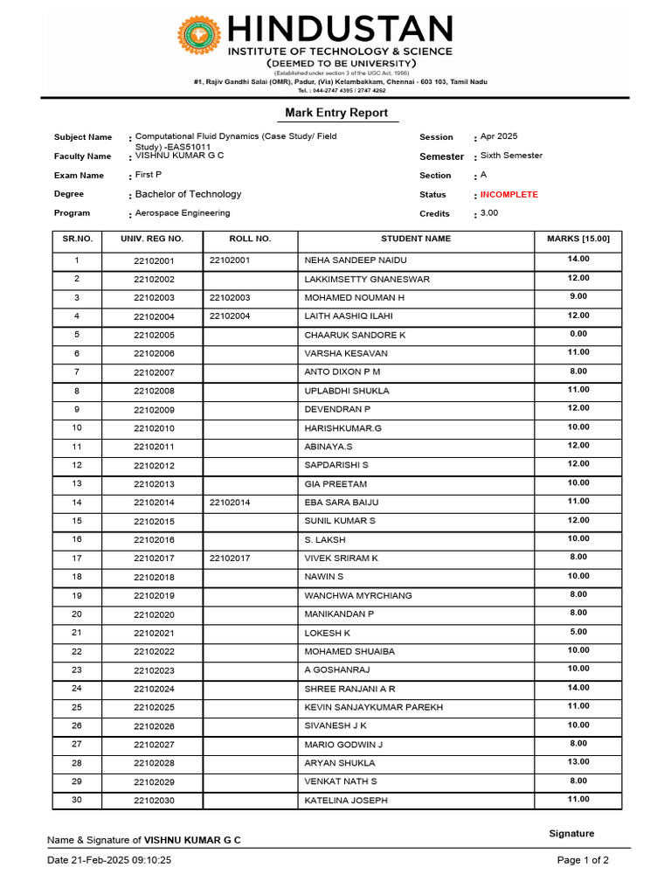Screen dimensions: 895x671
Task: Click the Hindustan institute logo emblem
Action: point(199,35)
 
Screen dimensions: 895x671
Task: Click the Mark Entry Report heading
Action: point(336,113)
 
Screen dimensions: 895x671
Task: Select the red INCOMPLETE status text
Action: point(509,195)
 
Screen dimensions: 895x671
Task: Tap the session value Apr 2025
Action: point(499,136)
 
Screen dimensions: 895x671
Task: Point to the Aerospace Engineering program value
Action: point(183,213)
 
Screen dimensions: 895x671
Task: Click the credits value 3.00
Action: point(489,213)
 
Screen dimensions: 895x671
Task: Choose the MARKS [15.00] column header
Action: point(578,239)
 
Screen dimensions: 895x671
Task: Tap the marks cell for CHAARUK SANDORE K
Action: point(578,334)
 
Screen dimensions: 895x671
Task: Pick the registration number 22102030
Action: point(154,801)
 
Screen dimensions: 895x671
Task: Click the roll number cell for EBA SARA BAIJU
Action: point(230,503)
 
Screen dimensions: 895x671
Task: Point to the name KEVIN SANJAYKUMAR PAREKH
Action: point(373,707)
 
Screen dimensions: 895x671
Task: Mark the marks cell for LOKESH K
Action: point(578,631)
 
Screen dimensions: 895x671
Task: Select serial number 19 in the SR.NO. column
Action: point(77,595)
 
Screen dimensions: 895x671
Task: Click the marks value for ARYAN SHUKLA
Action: point(578,762)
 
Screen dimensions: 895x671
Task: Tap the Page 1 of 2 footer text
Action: point(583,860)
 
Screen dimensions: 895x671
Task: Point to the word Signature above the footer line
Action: point(571,834)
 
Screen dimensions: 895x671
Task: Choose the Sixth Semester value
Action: point(511,156)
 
